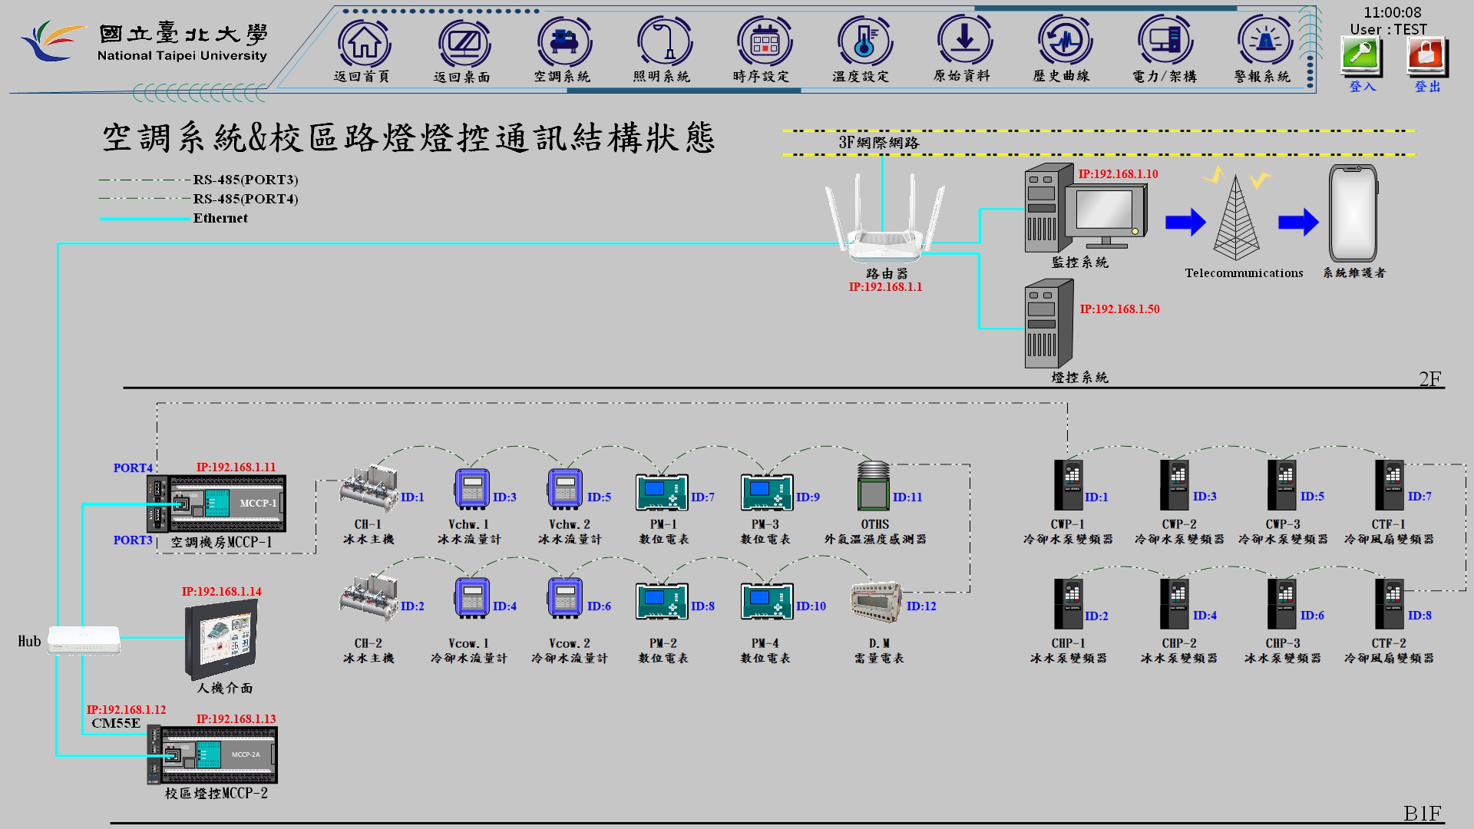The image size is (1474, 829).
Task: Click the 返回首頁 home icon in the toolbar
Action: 363,43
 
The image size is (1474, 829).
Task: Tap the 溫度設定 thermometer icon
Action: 863,43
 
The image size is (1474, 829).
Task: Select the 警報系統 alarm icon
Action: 1263,43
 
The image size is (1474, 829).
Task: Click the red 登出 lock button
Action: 1426,57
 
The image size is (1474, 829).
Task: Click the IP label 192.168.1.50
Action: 1119,309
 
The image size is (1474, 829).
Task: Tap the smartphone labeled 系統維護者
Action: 1353,214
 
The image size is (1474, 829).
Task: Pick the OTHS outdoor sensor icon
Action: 874,486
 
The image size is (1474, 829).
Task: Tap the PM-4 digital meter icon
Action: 766,601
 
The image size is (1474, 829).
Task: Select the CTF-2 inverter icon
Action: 1389,604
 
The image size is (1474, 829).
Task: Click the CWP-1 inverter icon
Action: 1067,485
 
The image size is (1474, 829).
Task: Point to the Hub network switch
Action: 84,640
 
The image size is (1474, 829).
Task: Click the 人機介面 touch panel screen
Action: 221,640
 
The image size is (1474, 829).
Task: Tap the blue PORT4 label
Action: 133,468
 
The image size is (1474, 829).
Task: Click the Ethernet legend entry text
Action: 220,218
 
